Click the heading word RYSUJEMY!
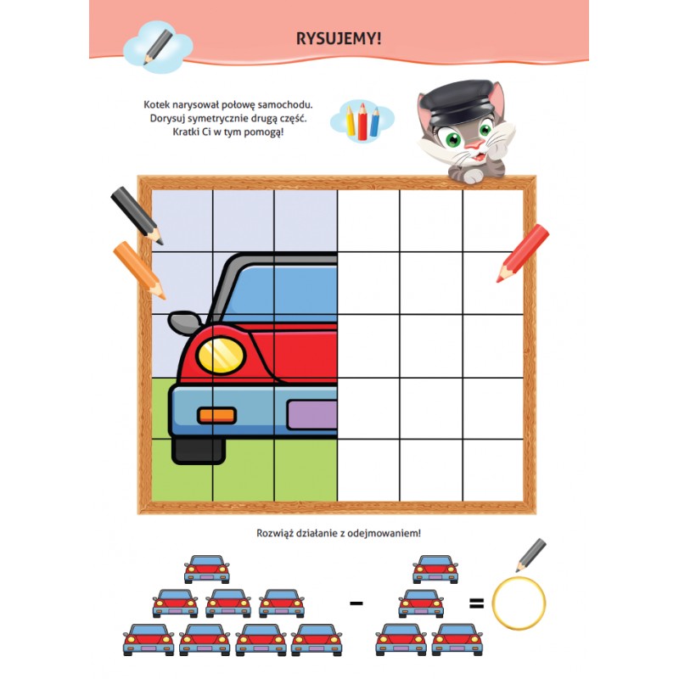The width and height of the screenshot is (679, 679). [x=339, y=38]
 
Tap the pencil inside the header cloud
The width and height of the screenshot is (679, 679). [x=158, y=48]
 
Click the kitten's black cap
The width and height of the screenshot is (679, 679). [x=456, y=100]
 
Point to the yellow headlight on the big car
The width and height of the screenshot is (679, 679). [x=221, y=355]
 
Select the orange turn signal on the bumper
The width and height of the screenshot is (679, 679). [x=216, y=416]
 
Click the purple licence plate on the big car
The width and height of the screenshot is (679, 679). [x=312, y=414]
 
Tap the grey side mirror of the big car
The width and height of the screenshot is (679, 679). [x=185, y=323]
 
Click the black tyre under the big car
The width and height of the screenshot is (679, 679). [x=199, y=451]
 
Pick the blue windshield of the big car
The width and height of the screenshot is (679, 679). [x=282, y=295]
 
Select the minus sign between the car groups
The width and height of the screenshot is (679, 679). [x=356, y=603]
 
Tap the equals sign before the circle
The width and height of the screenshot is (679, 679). [x=476, y=603]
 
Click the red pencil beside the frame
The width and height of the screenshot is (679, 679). [x=523, y=253]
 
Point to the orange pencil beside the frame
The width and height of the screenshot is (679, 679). [x=139, y=270]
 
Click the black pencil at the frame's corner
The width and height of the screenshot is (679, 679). [x=137, y=216]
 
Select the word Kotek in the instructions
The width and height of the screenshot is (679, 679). [x=157, y=104]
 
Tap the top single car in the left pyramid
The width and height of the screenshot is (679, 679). [x=207, y=569]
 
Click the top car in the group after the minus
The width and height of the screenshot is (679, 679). [x=435, y=569]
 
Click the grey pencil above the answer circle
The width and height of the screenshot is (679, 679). [x=531, y=555]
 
